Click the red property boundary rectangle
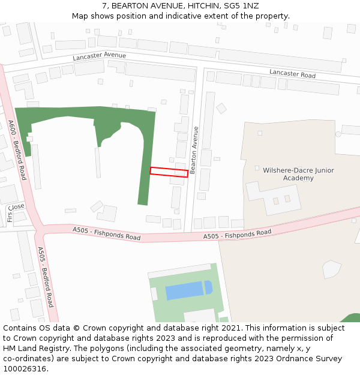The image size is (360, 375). tap(169, 172)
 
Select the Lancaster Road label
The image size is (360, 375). tap(292, 74)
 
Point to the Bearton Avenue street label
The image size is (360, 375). tap(194, 150)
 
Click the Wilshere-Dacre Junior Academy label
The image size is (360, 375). tap(298, 174)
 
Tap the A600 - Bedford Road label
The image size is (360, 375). tap(17, 150)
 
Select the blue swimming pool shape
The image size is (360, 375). tap(187, 290)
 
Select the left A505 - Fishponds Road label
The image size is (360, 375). tap(106, 233)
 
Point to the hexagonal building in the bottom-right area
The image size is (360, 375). tap(331, 269)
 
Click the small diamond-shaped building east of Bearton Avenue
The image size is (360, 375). tap(221, 109)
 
